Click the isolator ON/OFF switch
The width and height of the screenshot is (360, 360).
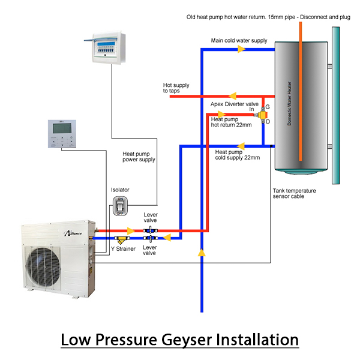coord(120,206)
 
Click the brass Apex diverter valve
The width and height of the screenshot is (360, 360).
coord(262,114)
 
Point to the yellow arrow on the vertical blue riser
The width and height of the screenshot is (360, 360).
coord(202,254)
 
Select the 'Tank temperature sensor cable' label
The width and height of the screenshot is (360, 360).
coord(294,193)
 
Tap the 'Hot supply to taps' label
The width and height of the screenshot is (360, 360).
coord(176,88)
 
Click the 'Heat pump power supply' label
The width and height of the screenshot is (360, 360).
coord(139,157)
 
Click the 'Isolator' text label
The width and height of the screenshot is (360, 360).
coord(120,190)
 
